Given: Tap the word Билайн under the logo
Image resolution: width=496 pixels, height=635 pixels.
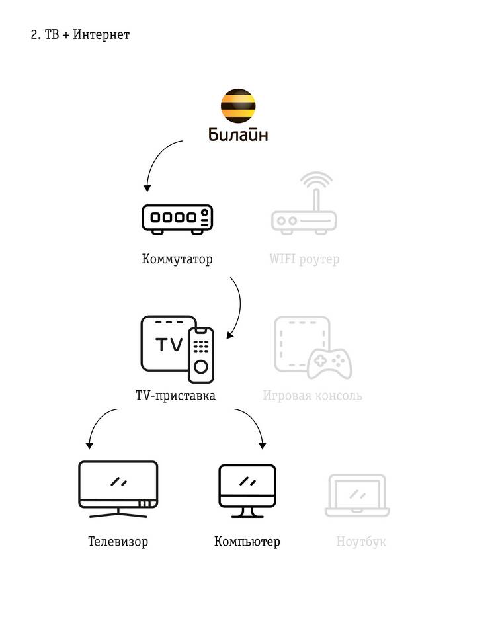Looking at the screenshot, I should click(239, 136).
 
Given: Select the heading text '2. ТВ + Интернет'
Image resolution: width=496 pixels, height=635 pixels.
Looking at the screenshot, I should click(80, 35).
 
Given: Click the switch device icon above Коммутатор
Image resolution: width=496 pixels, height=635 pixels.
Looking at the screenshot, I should click(177, 219).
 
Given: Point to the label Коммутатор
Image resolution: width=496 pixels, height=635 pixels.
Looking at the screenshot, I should click(177, 259).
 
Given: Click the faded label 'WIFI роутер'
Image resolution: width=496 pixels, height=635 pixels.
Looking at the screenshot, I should click(304, 259).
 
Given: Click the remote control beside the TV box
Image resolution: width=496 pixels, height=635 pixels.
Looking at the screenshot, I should click(201, 354).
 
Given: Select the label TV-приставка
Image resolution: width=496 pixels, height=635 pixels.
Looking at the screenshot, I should click(175, 396).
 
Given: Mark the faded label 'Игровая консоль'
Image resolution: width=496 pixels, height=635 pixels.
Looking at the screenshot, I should click(312, 396).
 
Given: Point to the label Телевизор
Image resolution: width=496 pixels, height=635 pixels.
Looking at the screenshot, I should click(118, 542).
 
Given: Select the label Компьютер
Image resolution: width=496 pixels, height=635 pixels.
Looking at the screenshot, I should click(247, 542).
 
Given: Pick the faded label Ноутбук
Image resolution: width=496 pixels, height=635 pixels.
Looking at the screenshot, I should click(361, 542).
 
